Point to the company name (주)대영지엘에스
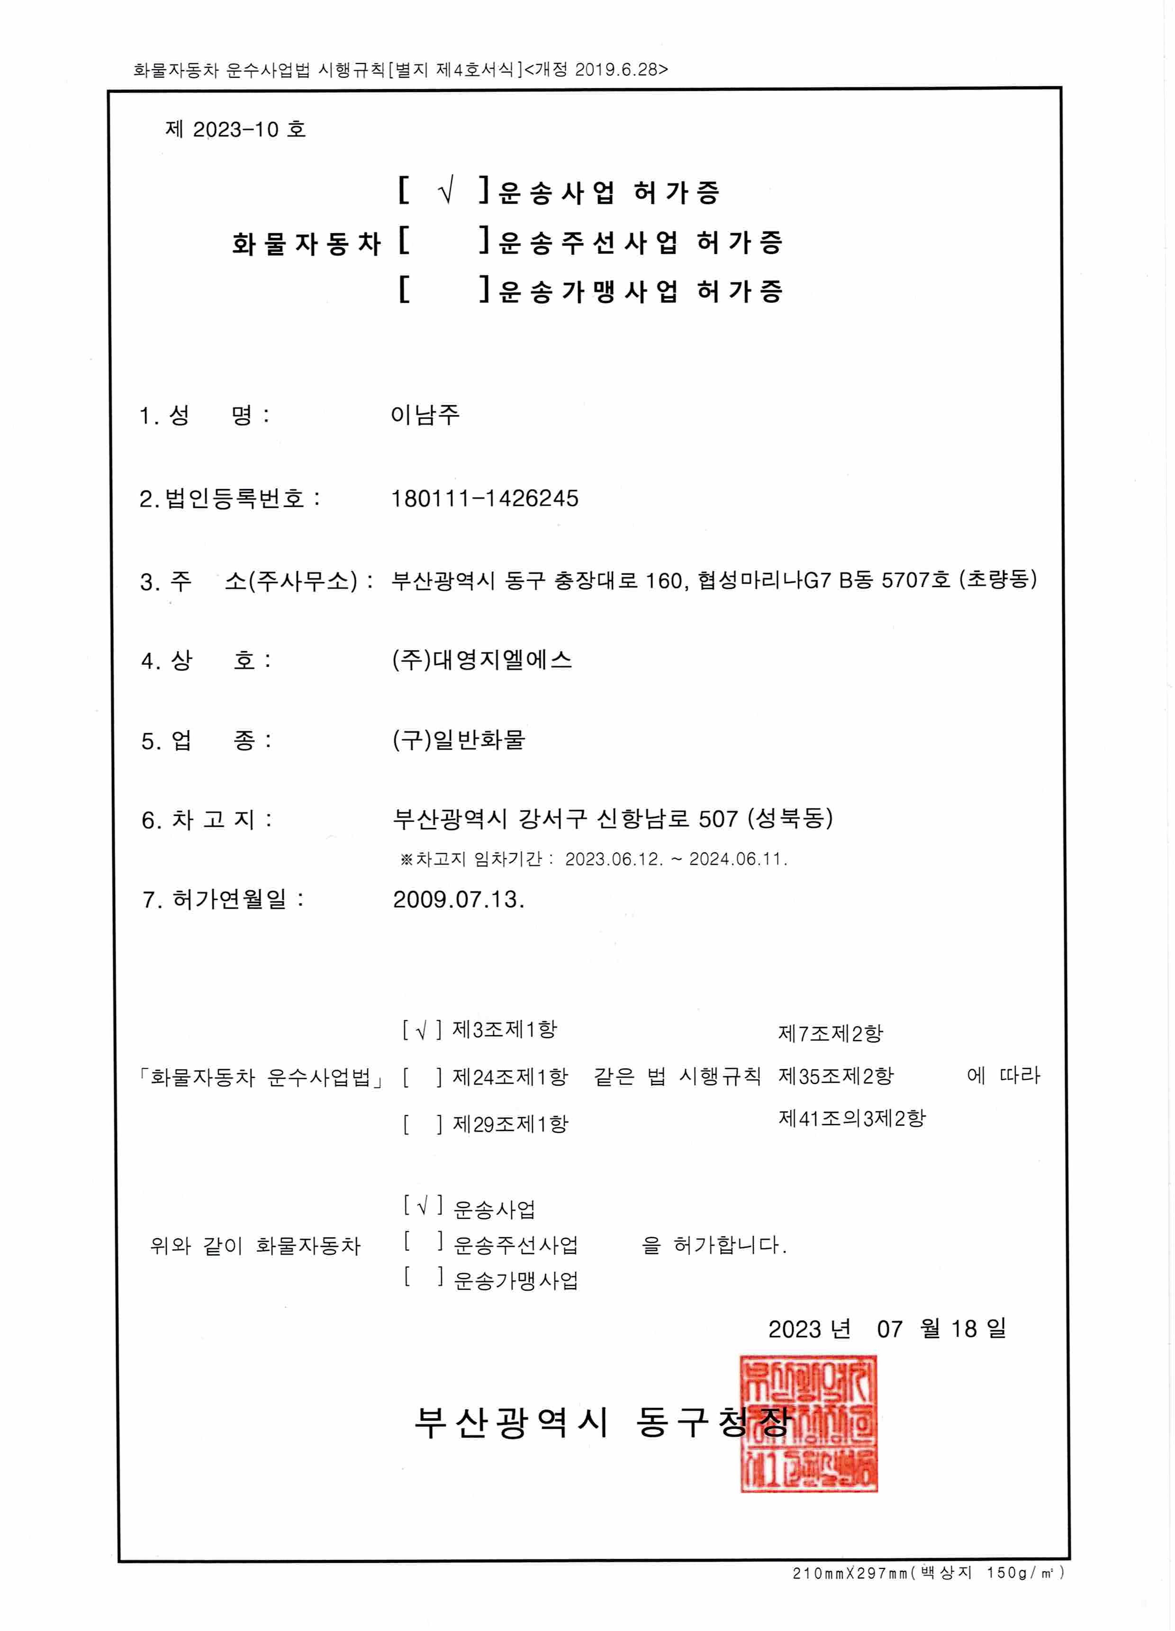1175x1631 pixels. click(482, 660)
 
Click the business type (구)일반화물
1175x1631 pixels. click(459, 740)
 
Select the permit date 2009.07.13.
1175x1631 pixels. click(458, 900)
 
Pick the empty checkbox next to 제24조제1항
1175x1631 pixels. click(422, 1077)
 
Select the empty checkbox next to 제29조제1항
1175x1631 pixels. click(422, 1124)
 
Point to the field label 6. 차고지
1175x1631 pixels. click(206, 820)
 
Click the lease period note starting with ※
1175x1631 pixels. click(593, 859)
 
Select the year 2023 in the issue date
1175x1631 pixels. click(794, 1329)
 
